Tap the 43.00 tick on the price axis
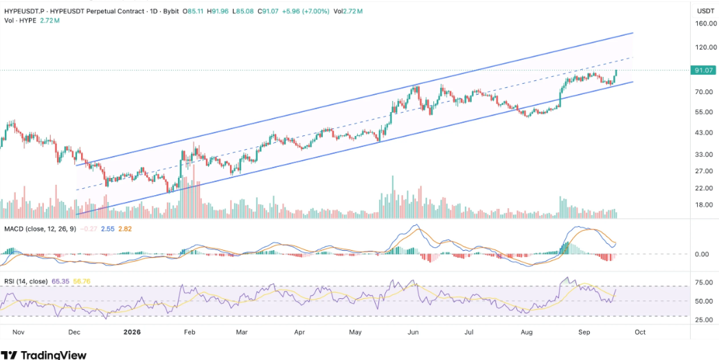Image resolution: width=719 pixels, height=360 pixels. pyautogui.click(x=705, y=133)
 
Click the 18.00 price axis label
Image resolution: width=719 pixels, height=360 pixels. pyautogui.click(x=705, y=205)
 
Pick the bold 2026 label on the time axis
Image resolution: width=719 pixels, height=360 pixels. pyautogui.click(x=132, y=332)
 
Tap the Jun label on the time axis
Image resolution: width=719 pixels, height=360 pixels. pyautogui.click(x=414, y=332)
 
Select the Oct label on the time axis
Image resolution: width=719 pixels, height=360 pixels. pyautogui.click(x=640, y=332)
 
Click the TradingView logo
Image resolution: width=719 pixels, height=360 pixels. pyautogui.click(x=44, y=355)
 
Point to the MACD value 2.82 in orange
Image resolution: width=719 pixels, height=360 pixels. pyautogui.click(x=125, y=228)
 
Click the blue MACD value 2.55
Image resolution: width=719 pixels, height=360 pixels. pyautogui.click(x=109, y=228)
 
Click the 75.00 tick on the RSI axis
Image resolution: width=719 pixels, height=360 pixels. pyautogui.click(x=705, y=283)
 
